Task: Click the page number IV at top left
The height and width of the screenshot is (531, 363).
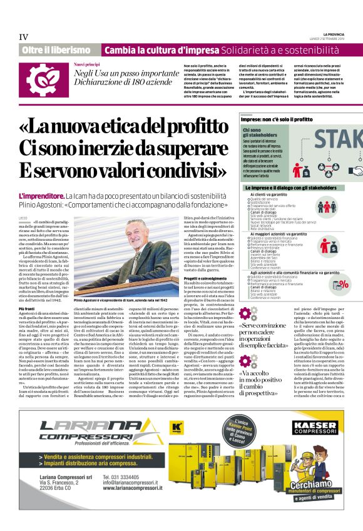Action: [23, 37]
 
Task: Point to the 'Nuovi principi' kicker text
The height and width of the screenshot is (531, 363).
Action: [87, 64]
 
